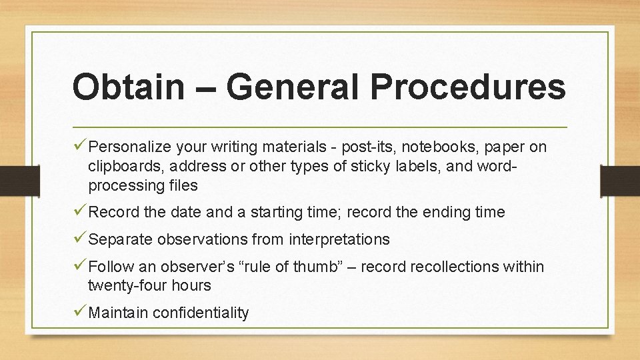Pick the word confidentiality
click(201, 313)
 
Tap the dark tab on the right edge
click(619, 179)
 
